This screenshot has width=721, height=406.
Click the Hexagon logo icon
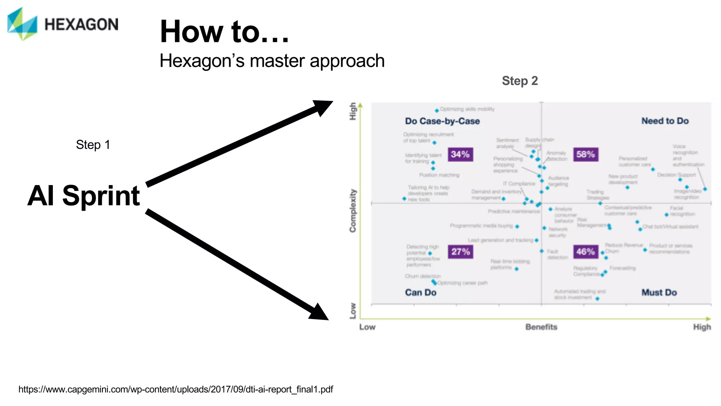(x=22, y=24)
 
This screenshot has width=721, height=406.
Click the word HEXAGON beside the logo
(x=81, y=25)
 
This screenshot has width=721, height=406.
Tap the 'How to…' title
(x=224, y=32)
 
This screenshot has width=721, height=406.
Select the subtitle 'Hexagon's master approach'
(x=272, y=61)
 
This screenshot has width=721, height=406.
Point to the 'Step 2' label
(x=520, y=81)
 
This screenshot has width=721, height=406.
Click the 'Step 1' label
(x=93, y=144)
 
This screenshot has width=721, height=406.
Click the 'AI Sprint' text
(x=84, y=196)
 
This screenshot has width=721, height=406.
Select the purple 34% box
(x=460, y=154)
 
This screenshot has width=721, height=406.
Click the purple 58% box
(x=585, y=154)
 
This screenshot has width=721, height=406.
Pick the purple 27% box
(x=460, y=252)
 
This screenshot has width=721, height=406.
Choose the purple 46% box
(x=585, y=252)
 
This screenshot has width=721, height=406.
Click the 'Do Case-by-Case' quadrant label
(x=442, y=121)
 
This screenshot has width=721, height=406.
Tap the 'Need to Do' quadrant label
(x=665, y=121)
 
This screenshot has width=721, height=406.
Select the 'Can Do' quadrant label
(x=420, y=293)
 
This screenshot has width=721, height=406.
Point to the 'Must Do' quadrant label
(x=659, y=293)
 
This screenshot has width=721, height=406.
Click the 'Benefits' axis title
(x=541, y=327)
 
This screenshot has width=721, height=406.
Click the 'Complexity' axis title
(x=353, y=211)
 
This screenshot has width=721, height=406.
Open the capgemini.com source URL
(x=176, y=389)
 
